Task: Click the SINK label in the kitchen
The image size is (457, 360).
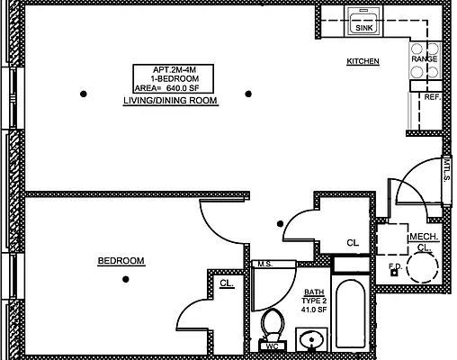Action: pos(363,29)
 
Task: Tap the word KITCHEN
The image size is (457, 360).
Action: pos(363,61)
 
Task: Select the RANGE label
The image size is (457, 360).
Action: pos(424,59)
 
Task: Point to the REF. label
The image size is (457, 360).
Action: pos(431,96)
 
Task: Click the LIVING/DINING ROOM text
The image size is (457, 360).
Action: pos(170,102)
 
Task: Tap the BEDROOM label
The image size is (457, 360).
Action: pos(121,261)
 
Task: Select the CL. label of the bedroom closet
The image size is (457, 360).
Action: pos(227,283)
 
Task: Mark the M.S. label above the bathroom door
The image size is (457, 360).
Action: pos(264,264)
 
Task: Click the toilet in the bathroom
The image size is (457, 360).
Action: pos(272,322)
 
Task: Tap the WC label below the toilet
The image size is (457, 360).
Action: pos(272,345)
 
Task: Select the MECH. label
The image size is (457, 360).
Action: pos(423,237)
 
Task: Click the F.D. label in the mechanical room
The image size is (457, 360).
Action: pos(394,266)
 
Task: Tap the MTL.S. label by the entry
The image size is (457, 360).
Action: pos(446,170)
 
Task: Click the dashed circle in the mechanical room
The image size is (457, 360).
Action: pos(421,266)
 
